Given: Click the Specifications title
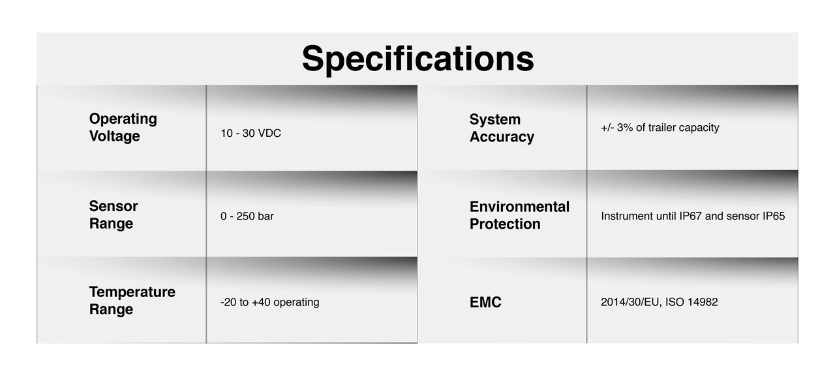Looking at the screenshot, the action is pos(418,59).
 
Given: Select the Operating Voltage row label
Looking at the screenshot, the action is pos(123,127).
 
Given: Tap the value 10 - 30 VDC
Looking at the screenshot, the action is pos(251,134).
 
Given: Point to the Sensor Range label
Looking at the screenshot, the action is pos(114,215).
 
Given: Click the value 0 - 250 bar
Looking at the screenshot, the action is pos(247,216).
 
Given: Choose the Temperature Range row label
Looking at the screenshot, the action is pos(132,300).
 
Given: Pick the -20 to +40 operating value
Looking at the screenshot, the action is pos(270,302).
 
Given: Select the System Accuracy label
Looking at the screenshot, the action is pos(502,128).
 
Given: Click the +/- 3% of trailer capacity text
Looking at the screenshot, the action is pos(660,128).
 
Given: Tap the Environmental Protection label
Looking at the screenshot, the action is pos(520,215).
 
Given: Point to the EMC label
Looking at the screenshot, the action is pos(485,302).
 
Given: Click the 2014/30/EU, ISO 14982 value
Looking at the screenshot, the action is pos(660,302).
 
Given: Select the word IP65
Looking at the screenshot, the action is pos(774,216).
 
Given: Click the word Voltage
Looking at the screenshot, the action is pos(114,136).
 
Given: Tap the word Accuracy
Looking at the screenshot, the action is pos(502,137).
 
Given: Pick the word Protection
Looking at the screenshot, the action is pos(505,224).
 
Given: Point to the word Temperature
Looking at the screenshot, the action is pos(132,292).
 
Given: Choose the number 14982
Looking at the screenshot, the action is pos(703,302).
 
